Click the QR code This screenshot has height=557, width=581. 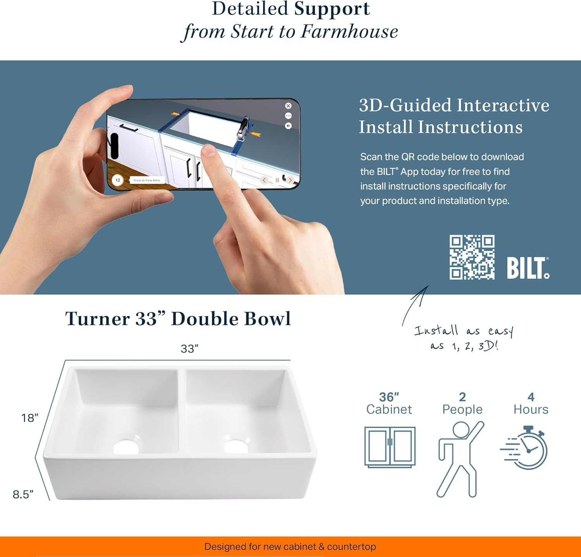pyautogui.click(x=472, y=257)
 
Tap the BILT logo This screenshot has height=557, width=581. pyautogui.click(x=528, y=268)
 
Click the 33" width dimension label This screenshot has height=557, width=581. pyautogui.click(x=189, y=348)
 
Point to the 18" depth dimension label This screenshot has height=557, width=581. pyautogui.click(x=30, y=418)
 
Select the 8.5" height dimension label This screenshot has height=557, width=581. pyautogui.click(x=23, y=494)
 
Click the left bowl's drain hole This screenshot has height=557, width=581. pyautogui.click(x=126, y=447)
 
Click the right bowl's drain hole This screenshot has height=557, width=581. pyautogui.click(x=236, y=446)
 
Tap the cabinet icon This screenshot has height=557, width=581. pyautogui.click(x=390, y=447)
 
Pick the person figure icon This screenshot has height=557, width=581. pyautogui.click(x=460, y=459)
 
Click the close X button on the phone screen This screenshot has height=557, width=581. pyautogui.click(x=288, y=106)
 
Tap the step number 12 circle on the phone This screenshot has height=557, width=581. pyautogui.click(x=118, y=180)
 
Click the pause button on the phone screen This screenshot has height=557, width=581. pyautogui.click(x=277, y=180)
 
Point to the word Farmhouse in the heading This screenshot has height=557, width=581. pyautogui.click(x=349, y=31)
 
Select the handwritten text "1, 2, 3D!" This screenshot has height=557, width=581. pyautogui.click(x=475, y=346)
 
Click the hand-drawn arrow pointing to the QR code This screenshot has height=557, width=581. pyautogui.click(x=415, y=305)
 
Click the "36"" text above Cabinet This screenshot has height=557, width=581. pyautogui.click(x=389, y=397)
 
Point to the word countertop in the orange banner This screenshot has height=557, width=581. pyautogui.click(x=351, y=547)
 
